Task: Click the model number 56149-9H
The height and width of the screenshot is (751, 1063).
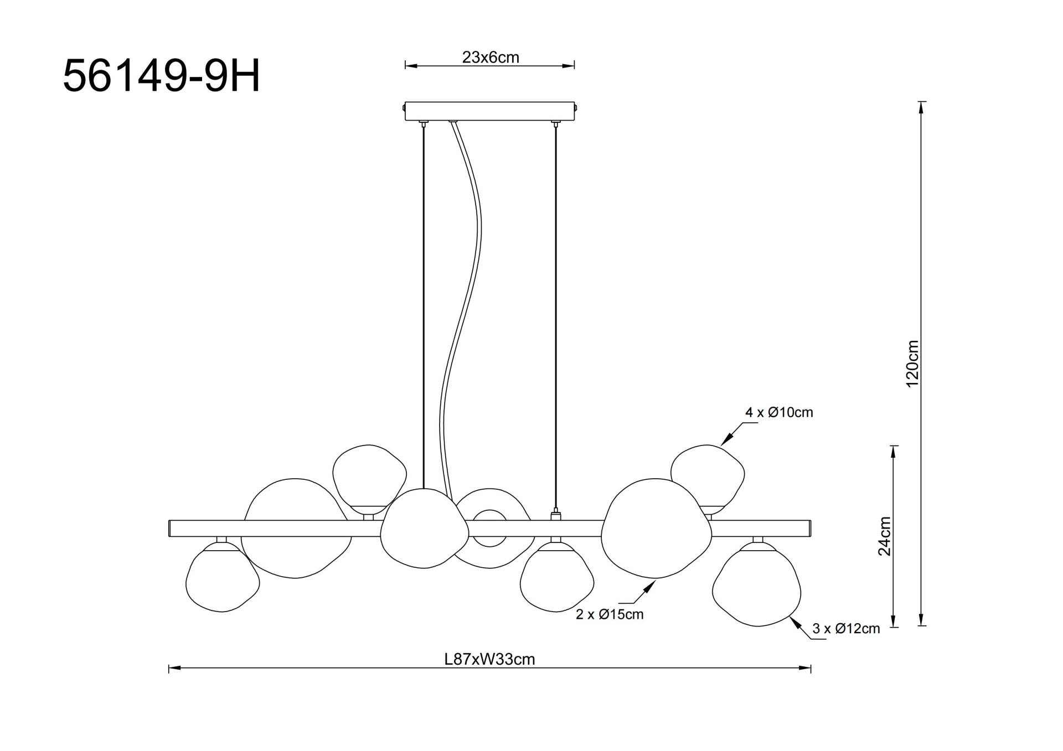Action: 161,76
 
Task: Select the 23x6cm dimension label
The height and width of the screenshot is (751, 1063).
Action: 491,57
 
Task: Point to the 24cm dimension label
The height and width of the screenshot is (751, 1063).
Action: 885,536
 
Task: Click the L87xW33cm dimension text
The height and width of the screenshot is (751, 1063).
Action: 489,659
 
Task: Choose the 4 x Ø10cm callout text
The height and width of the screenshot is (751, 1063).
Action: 779,412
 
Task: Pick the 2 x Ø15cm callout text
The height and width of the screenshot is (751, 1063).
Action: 610,614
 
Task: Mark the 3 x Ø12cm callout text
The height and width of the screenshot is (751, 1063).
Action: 846,628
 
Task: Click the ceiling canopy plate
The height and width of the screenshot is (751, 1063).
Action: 490,111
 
